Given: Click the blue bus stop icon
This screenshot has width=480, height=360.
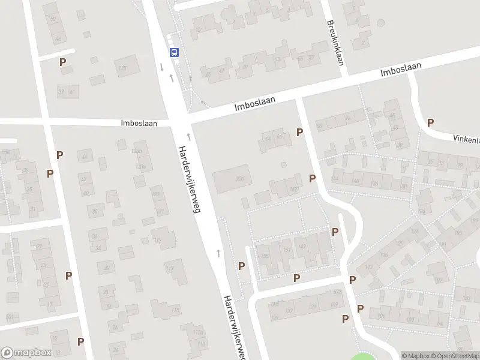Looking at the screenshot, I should [x=174, y=52].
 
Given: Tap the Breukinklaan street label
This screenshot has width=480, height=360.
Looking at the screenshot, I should [x=334, y=37].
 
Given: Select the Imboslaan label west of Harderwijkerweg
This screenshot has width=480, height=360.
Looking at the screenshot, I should [x=139, y=123].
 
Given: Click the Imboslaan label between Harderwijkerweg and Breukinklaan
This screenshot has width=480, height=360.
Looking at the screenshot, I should [x=255, y=104].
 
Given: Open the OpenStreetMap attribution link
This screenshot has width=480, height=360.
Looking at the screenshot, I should [x=455, y=356].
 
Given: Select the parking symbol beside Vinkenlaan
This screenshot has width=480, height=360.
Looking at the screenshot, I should [x=430, y=122].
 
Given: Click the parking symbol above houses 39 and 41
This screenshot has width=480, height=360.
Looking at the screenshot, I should [x=62, y=62].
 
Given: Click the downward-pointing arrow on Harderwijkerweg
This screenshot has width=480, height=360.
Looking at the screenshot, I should [x=162, y=65].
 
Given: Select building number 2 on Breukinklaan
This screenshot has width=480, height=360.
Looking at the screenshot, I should [x=362, y=42].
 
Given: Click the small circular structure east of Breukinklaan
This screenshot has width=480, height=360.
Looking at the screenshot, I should [x=380, y=23].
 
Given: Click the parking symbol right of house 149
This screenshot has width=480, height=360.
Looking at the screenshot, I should [x=335, y=232].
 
